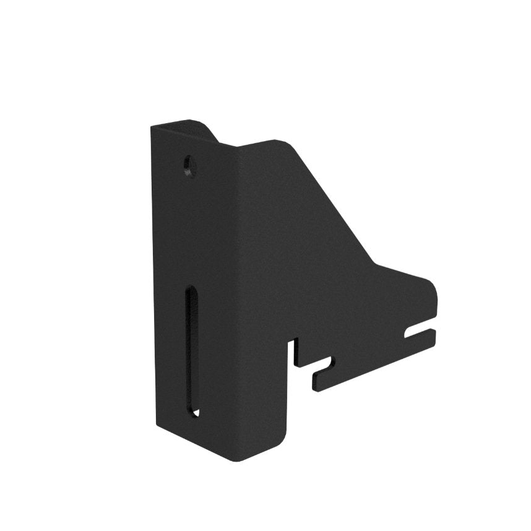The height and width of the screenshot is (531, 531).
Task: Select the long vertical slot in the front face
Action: (192, 350)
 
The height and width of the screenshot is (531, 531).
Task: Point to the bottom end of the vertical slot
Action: (193, 411)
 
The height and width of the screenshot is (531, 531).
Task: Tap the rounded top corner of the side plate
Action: (286, 145)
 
